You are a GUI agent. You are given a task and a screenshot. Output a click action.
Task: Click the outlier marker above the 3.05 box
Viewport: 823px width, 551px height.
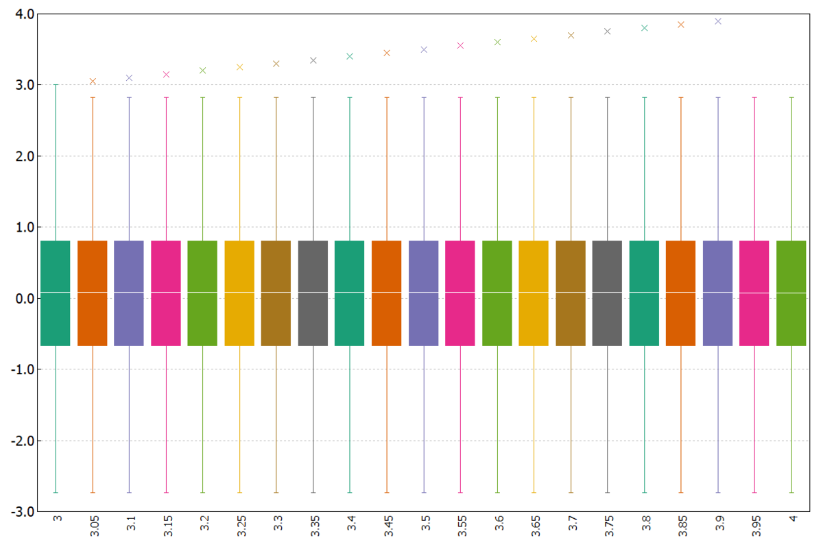coord(93,82)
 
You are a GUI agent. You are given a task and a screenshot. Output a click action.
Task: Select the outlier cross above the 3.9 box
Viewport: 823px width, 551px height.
coord(718,21)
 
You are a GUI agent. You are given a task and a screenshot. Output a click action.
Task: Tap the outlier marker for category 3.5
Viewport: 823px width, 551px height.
coord(424,49)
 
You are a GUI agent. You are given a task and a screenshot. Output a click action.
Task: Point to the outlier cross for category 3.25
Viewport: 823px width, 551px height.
coord(239,67)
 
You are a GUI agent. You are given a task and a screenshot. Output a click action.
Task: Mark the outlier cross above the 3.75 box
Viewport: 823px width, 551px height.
coord(608,32)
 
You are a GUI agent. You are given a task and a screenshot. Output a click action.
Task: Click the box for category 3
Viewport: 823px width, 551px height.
coord(56,293)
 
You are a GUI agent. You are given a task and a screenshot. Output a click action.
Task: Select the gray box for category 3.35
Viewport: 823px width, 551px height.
coord(313,293)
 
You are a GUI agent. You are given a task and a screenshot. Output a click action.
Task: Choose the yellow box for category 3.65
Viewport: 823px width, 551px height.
coord(534,293)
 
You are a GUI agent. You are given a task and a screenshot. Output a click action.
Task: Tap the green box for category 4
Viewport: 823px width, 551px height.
coord(791,293)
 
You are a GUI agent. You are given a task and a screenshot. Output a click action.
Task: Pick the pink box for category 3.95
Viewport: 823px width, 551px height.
coord(754,293)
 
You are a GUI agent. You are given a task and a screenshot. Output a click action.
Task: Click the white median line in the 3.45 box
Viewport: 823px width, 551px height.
coord(387,292)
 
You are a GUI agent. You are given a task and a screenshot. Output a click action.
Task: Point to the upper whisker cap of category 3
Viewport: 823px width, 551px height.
coord(56,85)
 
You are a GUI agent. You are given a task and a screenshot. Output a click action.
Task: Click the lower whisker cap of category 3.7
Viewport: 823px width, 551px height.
coord(571,492)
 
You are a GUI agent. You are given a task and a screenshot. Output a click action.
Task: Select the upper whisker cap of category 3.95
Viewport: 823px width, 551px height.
coord(754,97)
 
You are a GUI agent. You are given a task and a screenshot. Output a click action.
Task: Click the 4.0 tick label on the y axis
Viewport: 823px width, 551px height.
coord(25,14)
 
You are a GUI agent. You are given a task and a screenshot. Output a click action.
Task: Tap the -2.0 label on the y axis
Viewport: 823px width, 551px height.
coord(23,441)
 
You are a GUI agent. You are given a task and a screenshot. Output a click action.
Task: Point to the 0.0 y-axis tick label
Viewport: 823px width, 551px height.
coord(25,298)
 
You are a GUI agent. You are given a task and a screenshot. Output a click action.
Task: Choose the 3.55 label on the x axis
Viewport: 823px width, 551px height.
coord(462,526)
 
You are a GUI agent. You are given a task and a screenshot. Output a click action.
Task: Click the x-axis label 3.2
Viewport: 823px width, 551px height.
coord(204,523)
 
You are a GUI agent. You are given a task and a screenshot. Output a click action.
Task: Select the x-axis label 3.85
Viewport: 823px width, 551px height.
coord(682,526)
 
